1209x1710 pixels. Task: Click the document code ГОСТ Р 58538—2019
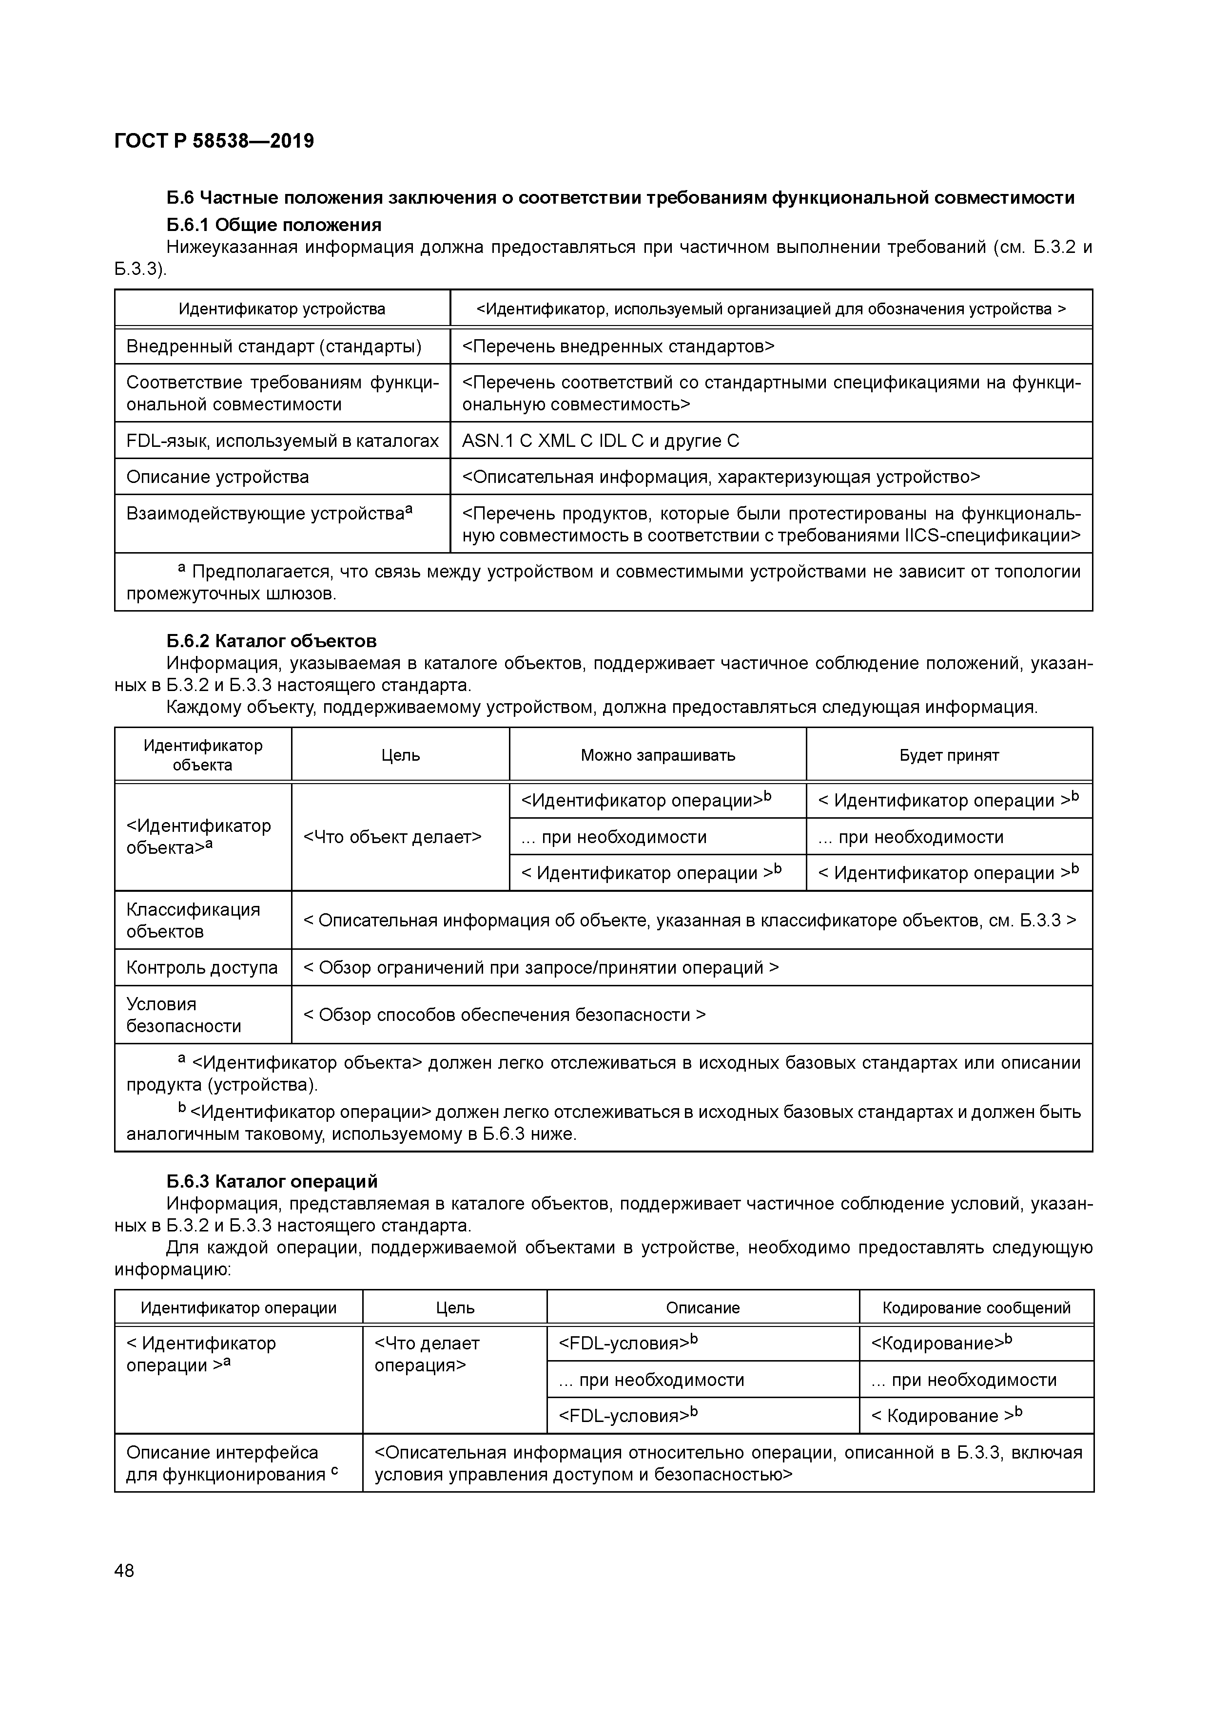tap(214, 141)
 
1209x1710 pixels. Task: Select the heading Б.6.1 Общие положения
tap(273, 225)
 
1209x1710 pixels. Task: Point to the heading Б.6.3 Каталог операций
tap(272, 1181)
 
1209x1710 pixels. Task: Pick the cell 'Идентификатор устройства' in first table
tap(282, 308)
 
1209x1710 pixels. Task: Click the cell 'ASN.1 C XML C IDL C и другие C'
tap(601, 441)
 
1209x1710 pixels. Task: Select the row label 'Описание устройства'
tap(217, 477)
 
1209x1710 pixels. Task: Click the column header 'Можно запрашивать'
tap(658, 755)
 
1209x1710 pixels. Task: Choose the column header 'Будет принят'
tap(949, 755)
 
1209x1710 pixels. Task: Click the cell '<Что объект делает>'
tap(392, 837)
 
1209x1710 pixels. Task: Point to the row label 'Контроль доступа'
tap(202, 967)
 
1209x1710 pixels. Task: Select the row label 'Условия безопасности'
tap(183, 1015)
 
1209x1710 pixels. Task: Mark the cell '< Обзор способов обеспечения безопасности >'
tap(504, 1015)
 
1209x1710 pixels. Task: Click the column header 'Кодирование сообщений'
tap(976, 1308)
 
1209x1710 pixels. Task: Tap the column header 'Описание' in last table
tap(702, 1308)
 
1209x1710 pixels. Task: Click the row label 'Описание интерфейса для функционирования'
tap(232, 1463)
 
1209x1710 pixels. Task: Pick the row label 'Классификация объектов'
tap(193, 921)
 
